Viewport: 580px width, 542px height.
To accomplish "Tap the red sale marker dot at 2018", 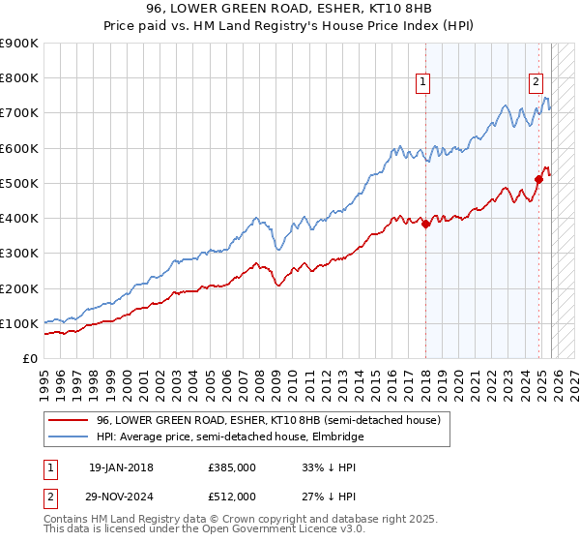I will (x=425, y=224).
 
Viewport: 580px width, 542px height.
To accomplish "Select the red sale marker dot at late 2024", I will (x=538, y=179).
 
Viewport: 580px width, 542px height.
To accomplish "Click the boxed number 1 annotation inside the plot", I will (x=423, y=82).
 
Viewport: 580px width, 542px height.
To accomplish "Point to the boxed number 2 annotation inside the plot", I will (x=536, y=82).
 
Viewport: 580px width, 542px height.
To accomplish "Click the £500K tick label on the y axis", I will (x=19, y=183).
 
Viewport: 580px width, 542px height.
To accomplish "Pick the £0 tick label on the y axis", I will (x=29, y=358).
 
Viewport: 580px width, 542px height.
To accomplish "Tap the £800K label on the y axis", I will (x=19, y=77).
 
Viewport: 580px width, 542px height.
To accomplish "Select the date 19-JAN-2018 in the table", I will (x=121, y=467).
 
